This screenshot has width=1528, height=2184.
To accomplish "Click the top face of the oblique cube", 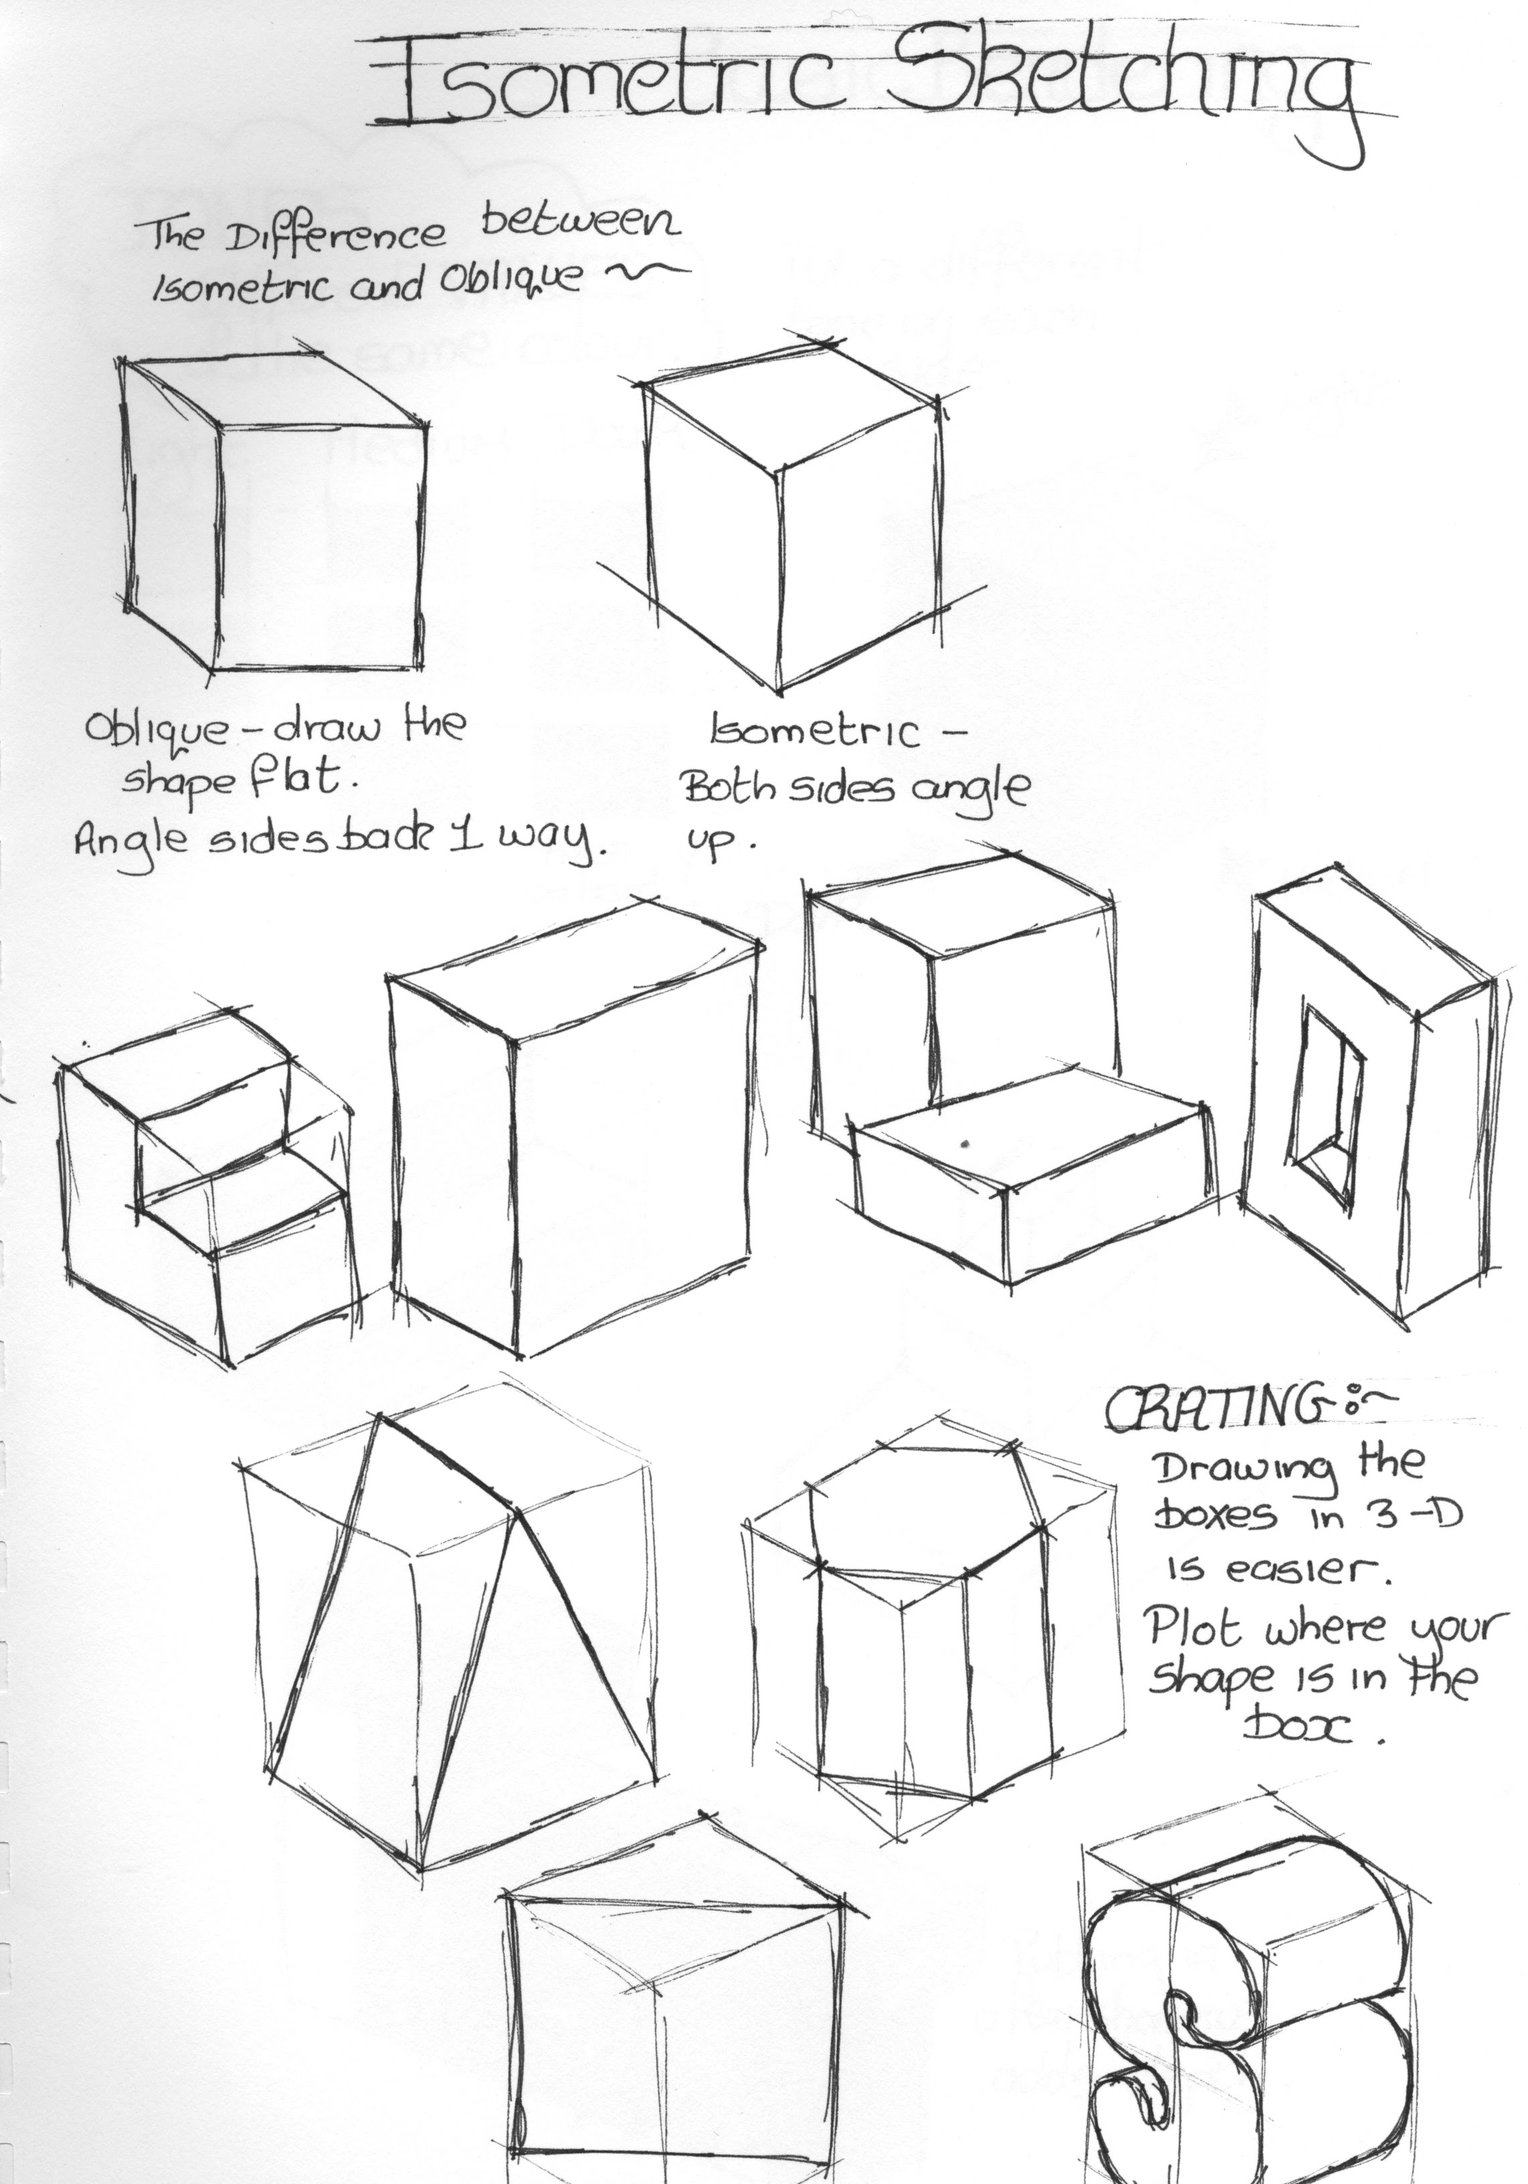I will (x=271, y=390).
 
